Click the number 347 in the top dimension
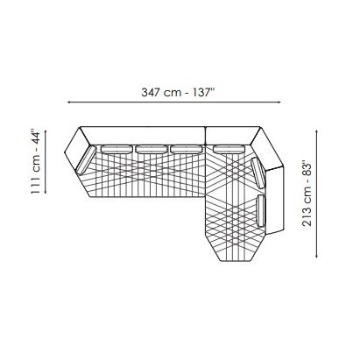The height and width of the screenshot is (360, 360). click(151, 93)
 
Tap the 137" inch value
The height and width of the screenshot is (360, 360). click(204, 92)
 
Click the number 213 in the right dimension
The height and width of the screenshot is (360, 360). click(307, 217)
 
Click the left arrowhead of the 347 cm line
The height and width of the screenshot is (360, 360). click(69, 102)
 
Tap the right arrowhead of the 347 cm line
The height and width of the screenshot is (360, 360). click(279, 102)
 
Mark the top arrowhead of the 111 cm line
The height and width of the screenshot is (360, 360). click(46, 132)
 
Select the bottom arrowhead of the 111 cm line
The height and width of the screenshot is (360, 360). click(46, 191)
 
